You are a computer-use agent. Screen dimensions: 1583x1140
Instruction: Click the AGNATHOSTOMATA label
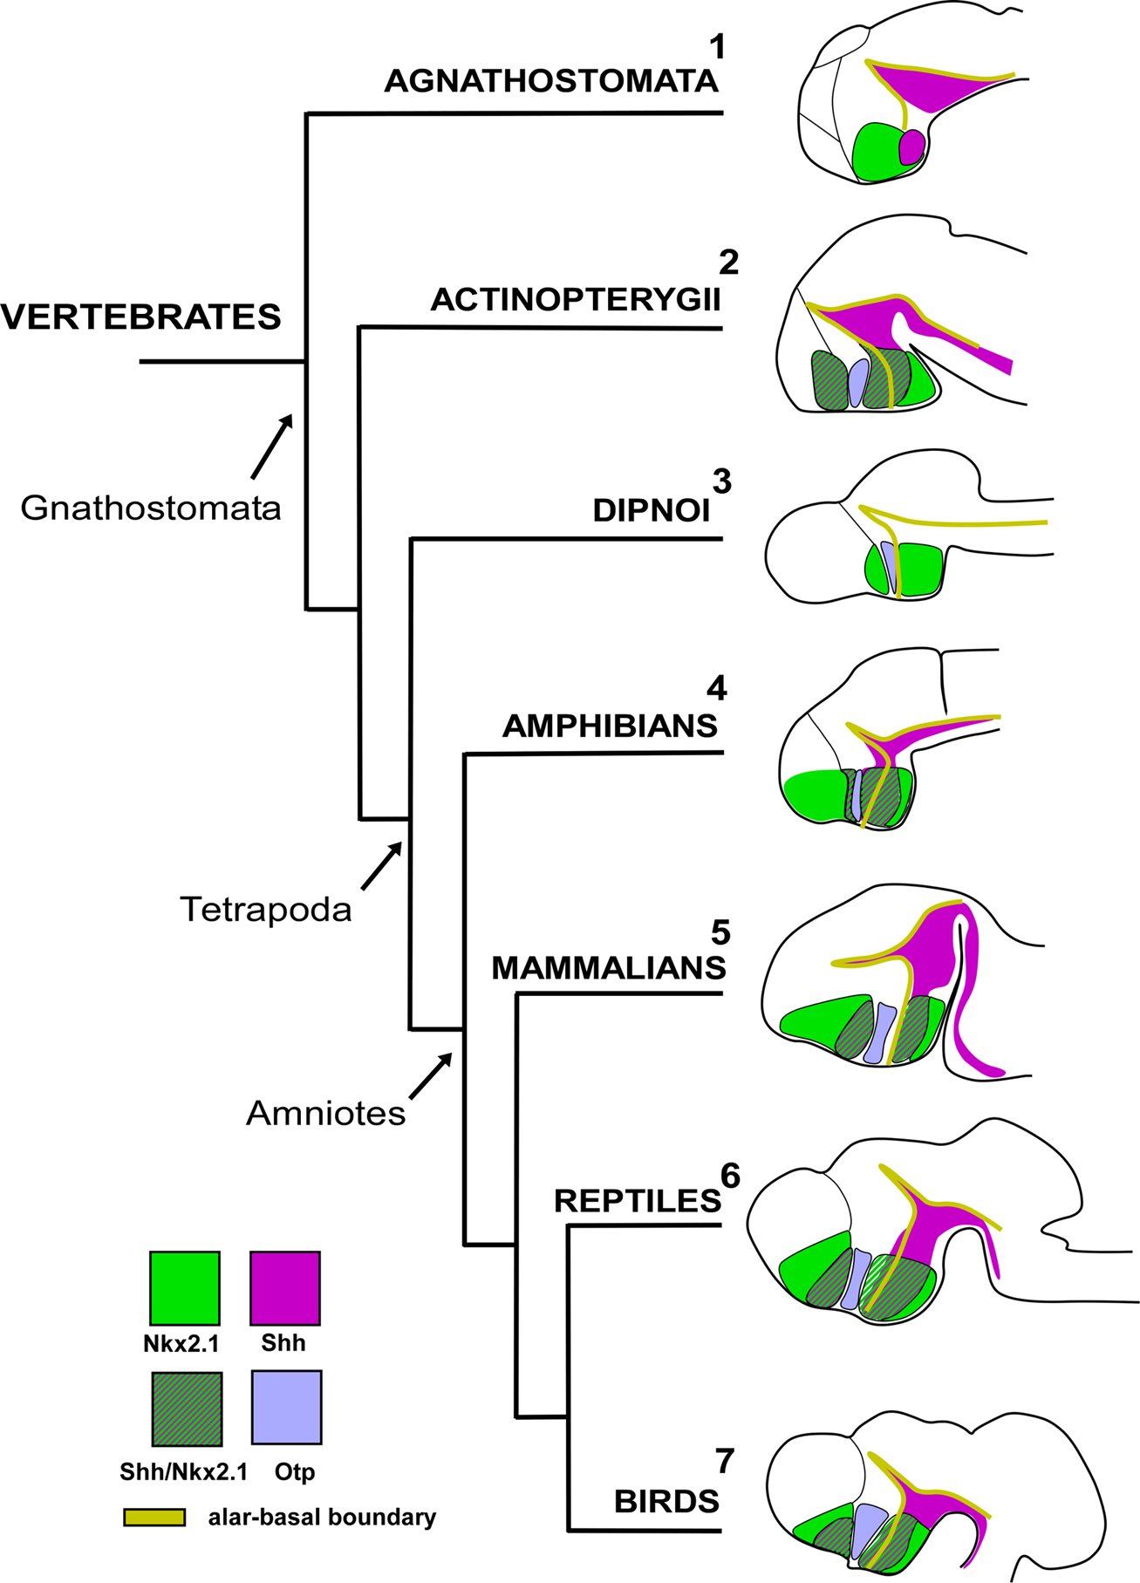click(550, 81)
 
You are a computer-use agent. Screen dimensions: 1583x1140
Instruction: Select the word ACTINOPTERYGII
click(575, 299)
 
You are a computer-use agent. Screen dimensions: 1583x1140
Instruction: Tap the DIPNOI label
click(651, 510)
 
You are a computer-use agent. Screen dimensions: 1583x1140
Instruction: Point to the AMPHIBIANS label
click(610, 726)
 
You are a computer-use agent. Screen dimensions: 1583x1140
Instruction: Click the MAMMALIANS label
click(608, 967)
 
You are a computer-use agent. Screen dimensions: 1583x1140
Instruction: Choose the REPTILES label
click(637, 1201)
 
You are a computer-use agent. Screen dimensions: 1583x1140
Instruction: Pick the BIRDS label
click(666, 1501)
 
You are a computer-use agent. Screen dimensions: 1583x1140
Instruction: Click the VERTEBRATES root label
click(141, 317)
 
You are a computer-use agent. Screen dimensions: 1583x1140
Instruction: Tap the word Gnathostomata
click(151, 508)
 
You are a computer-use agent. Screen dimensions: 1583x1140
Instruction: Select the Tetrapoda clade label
click(265, 910)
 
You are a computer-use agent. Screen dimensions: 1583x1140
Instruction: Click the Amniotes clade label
click(325, 1113)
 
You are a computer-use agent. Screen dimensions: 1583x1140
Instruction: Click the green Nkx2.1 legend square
click(184, 1287)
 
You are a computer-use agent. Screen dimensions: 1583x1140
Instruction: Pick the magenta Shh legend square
click(284, 1287)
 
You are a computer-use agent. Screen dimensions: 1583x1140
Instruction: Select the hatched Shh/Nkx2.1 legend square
click(187, 1409)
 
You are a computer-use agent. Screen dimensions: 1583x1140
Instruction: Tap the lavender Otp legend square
click(286, 1407)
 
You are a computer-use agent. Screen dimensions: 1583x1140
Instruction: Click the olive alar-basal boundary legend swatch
click(154, 1517)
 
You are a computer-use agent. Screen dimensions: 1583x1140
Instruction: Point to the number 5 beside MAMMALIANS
click(720, 931)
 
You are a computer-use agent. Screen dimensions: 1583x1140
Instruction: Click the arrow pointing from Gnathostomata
click(270, 447)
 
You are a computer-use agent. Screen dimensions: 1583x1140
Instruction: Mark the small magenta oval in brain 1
click(911, 147)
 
